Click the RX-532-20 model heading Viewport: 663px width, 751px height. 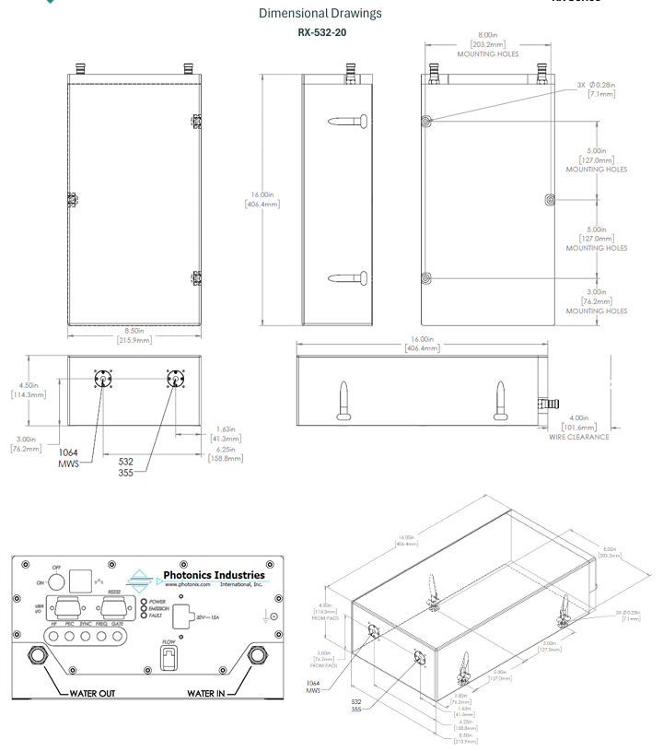[x=322, y=32]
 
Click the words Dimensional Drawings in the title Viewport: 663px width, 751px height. [x=320, y=14]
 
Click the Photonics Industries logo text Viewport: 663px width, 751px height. [x=214, y=576]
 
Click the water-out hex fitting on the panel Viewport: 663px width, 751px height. [x=37, y=654]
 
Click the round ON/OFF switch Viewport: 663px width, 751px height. [x=53, y=581]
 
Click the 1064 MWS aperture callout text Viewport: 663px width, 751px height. [x=69, y=457]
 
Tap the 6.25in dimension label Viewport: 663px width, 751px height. [x=225, y=452]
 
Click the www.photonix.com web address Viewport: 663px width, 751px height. [x=190, y=585]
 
